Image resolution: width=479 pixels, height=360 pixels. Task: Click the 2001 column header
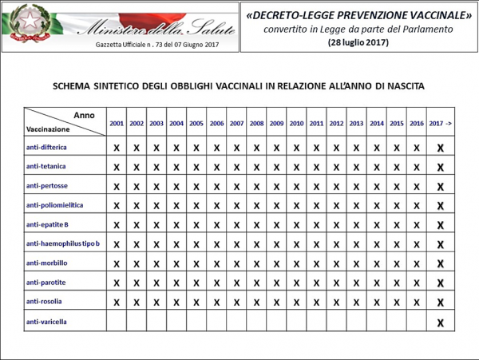[x=117, y=124]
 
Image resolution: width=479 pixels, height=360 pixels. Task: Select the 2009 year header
[x=276, y=124]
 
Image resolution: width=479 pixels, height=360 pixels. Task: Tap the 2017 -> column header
[x=440, y=124]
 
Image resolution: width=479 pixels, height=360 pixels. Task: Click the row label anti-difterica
[x=46, y=147]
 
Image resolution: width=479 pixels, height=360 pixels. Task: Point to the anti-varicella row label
[x=46, y=321]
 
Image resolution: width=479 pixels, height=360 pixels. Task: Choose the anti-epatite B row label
[x=47, y=224]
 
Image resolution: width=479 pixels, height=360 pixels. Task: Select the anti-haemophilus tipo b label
[x=62, y=243]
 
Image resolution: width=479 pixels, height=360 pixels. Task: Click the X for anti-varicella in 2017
[x=440, y=322]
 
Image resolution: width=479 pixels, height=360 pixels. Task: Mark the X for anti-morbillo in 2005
[x=196, y=264]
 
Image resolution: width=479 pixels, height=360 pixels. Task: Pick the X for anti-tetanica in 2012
[x=336, y=168]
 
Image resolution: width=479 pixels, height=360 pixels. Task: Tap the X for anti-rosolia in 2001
[x=117, y=303]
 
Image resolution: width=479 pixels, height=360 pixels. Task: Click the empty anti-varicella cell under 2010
[x=296, y=322]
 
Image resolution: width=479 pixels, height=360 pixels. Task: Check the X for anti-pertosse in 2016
[x=416, y=187]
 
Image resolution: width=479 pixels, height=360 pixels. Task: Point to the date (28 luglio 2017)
[x=358, y=42]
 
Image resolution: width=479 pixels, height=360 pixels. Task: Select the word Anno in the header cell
[x=84, y=115]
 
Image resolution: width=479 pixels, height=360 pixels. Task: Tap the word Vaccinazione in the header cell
[x=49, y=128]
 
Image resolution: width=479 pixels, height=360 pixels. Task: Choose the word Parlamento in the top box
[x=425, y=29]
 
